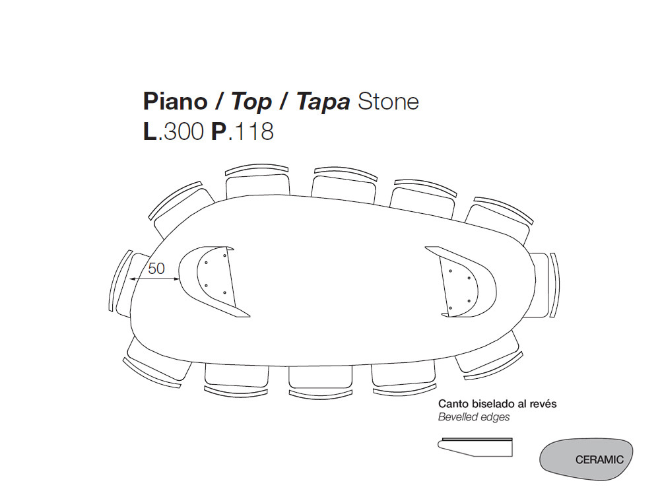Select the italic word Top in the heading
[251, 102]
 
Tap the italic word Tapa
[323, 103]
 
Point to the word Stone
[388, 102]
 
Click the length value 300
[184, 131]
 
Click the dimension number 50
[156, 269]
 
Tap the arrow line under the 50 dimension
[155, 280]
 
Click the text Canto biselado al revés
[493, 404]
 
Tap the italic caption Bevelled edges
[474, 417]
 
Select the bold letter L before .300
[150, 131]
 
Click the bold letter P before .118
[219, 131]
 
